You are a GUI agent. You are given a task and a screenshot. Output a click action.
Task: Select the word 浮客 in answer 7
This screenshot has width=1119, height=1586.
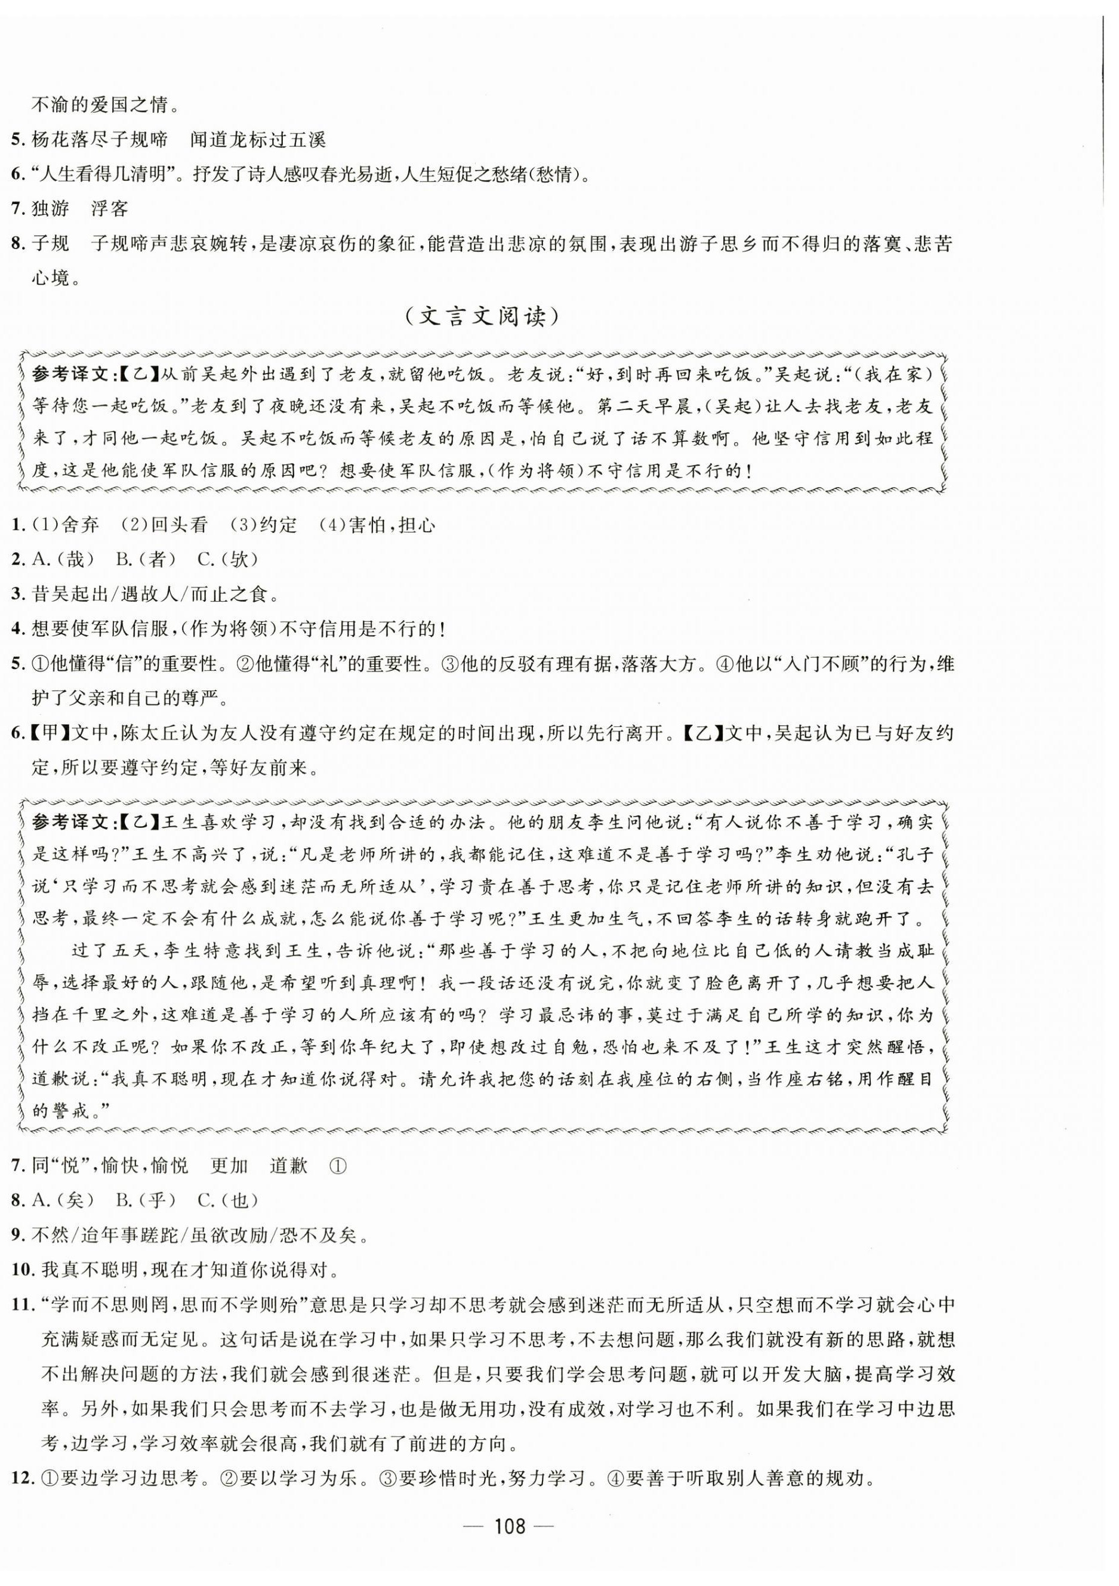click(110, 208)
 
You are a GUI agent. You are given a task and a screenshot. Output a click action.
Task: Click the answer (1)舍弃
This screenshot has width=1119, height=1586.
click(66, 525)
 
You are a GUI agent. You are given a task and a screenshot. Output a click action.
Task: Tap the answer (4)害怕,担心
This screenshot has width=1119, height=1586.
click(377, 525)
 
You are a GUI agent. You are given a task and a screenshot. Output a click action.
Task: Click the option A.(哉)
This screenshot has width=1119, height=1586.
click(63, 559)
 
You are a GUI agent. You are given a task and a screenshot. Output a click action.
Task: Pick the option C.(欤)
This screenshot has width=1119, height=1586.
click(227, 559)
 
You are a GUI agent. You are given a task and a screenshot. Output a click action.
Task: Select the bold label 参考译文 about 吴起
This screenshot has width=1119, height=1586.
click(70, 374)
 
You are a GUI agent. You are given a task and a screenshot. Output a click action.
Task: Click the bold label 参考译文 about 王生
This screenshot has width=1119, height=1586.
click(70, 822)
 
